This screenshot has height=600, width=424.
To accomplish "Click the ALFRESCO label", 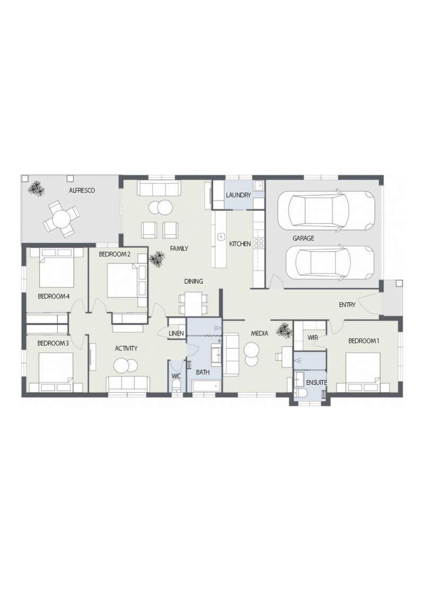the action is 82,191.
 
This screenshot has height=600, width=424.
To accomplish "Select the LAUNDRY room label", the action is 238,195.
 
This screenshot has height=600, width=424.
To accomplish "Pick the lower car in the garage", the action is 329,263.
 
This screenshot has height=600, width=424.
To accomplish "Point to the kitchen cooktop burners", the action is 258,244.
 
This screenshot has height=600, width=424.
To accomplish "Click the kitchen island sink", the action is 221,236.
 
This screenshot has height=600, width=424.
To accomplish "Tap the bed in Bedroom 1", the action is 363,372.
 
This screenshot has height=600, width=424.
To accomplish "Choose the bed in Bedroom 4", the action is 57,267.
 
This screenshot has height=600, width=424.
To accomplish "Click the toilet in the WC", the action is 176,386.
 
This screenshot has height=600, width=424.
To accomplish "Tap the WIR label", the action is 312,338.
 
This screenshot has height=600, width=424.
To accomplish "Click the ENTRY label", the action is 347,305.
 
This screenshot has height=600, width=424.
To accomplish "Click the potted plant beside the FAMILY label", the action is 156,259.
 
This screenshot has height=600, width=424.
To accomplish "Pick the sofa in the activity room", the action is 128,384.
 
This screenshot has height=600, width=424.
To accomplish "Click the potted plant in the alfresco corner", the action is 36,188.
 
